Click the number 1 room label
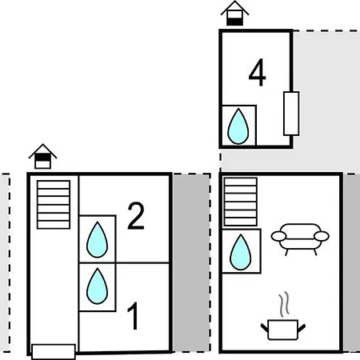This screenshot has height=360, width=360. pyautogui.click(x=134, y=316)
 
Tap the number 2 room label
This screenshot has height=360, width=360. pyautogui.click(x=136, y=216)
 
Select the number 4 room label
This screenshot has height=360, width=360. pyautogui.click(x=257, y=73)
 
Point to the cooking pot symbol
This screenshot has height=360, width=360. pyautogui.click(x=282, y=330)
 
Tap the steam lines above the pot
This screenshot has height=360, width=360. pyautogui.click(x=285, y=304)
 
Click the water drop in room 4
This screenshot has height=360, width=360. pyautogui.click(x=238, y=126)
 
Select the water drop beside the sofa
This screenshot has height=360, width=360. pyautogui.click(x=240, y=252)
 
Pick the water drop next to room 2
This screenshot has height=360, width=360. pyautogui.click(x=98, y=240)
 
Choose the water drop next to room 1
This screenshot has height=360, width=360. pyautogui.click(x=98, y=286)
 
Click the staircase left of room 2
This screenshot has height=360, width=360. pyautogui.click(x=54, y=205)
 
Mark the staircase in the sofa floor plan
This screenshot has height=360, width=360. pyautogui.click(x=241, y=202)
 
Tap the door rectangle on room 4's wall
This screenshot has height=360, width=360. pyautogui.click(x=291, y=114)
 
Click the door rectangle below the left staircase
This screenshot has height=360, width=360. pyautogui.click(x=54, y=352)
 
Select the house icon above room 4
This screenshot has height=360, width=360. pyautogui.click(x=234, y=14)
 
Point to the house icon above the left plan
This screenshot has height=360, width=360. pyautogui.click(x=42, y=156)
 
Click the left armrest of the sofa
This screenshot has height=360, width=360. pyautogui.click(x=278, y=236)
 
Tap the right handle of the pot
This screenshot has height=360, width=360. pyautogui.click(x=302, y=328)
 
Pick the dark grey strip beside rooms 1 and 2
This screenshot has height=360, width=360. pyautogui.click(x=191, y=263)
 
